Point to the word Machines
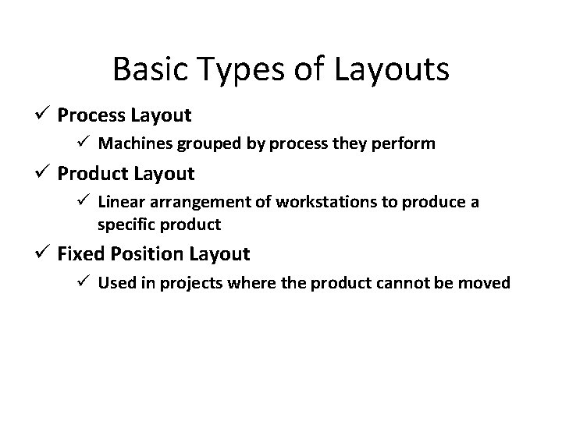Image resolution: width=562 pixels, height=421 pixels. [133, 143]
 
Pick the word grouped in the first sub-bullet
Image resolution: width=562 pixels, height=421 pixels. [205, 143]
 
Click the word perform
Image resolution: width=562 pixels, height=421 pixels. [407, 143]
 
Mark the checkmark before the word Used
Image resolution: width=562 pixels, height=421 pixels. [85, 281]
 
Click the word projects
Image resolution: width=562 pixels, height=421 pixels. [195, 282]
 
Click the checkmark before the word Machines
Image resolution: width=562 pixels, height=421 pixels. [85, 143]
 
